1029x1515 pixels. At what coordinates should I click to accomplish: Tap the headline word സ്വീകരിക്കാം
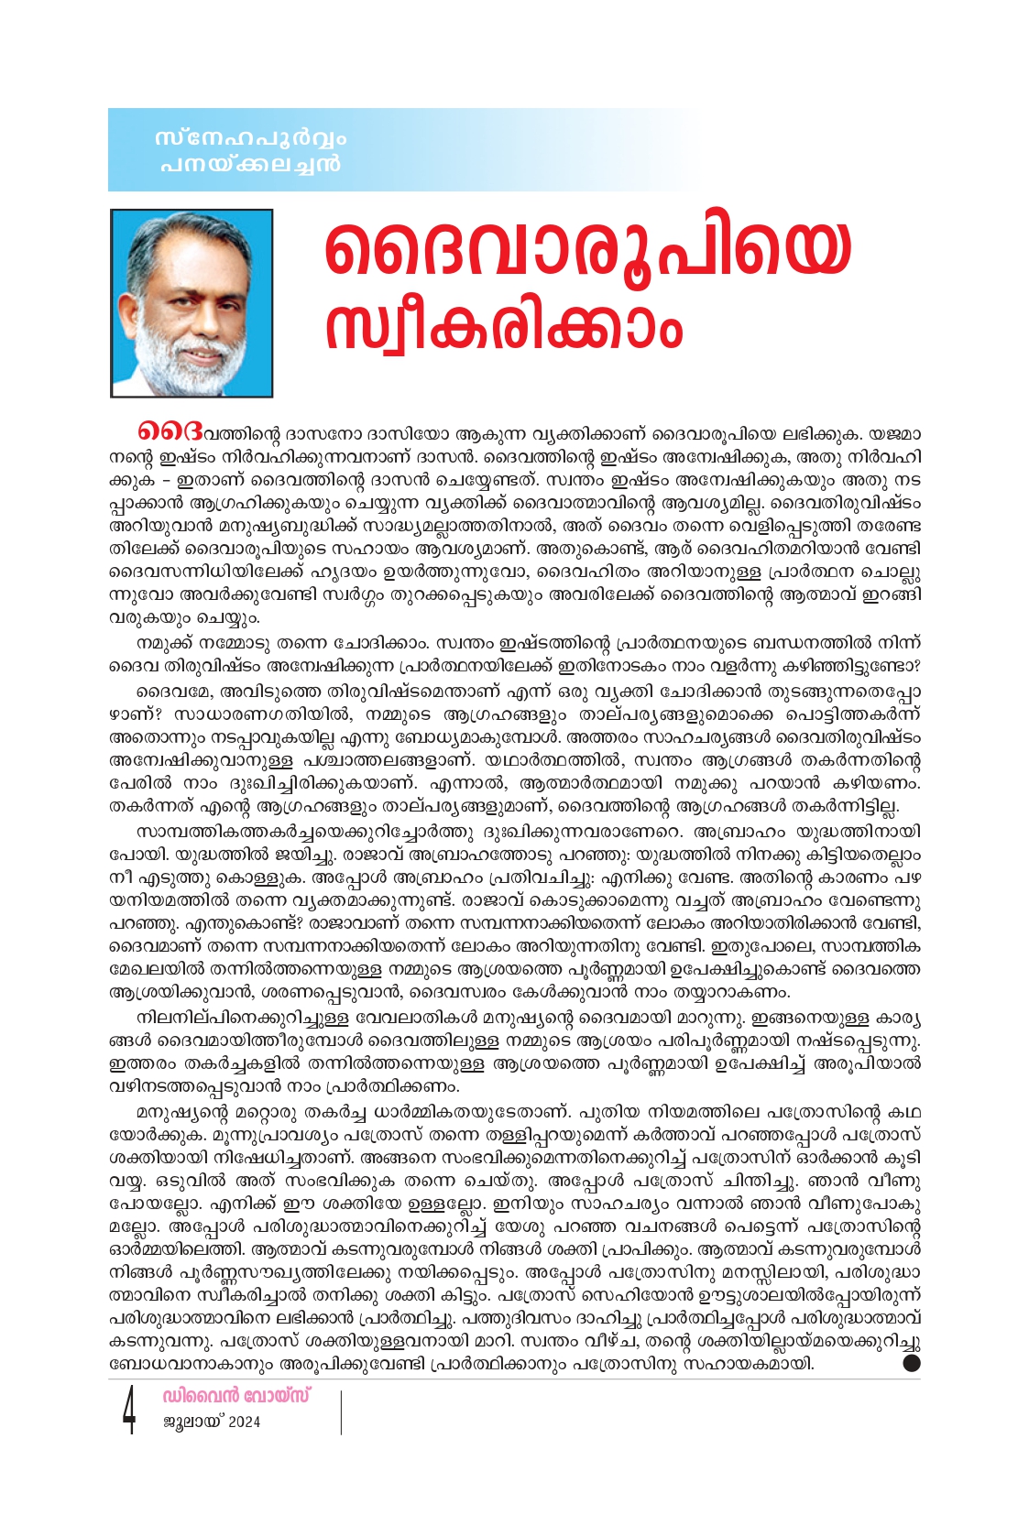(x=504, y=326)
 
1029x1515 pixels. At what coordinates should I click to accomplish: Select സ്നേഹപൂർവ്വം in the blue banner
(x=251, y=139)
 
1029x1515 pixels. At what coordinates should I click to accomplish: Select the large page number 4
(x=129, y=1411)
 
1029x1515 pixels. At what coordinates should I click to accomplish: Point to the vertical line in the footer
(x=341, y=1411)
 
